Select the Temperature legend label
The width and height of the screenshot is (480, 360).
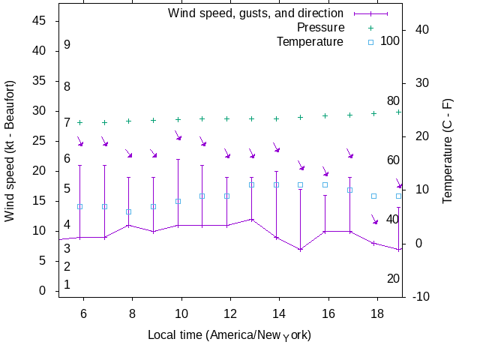[310, 41]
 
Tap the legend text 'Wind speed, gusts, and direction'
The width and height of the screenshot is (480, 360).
[256, 13]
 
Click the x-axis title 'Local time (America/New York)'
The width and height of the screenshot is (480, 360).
[229, 334]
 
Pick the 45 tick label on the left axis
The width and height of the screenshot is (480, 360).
[40, 21]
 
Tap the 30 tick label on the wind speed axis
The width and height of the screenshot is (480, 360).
[40, 111]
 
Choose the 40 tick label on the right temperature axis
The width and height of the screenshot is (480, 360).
[421, 29]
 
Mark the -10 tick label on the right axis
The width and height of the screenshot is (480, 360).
[421, 296]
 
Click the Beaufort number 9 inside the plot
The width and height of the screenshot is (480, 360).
[67, 45]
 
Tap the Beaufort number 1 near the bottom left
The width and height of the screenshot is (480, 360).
[67, 285]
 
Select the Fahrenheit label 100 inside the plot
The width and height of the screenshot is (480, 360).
[390, 40]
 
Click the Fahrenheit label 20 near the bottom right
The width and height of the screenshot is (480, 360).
[393, 279]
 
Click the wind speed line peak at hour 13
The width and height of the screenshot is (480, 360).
[252, 219]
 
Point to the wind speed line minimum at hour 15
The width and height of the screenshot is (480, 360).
[301, 249]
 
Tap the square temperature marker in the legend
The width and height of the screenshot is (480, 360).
[370, 42]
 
